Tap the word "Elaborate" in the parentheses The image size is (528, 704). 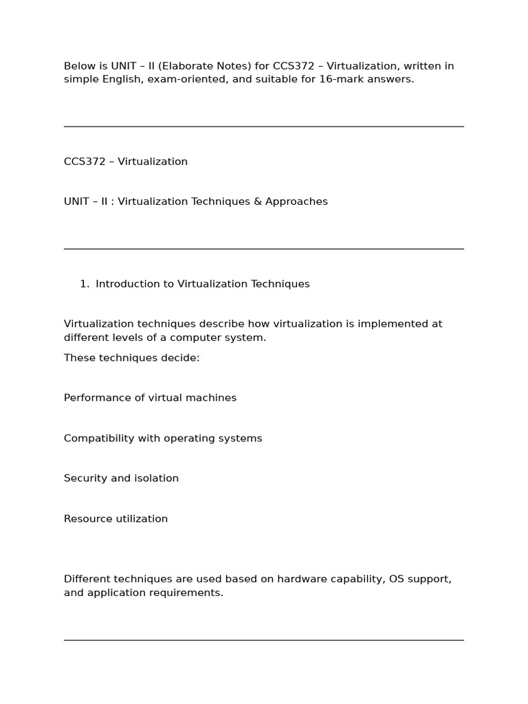[178, 66]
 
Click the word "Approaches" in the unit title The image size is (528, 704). [296, 201]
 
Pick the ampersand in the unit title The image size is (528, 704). [255, 201]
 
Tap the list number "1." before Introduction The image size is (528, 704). [85, 284]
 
